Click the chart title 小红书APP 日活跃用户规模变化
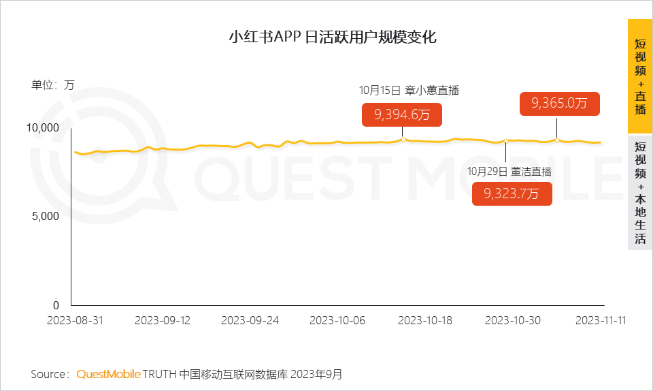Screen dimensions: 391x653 click(332, 37)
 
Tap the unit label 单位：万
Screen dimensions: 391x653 click(52, 85)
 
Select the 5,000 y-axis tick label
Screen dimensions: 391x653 click(47, 217)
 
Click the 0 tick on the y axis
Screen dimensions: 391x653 click(56, 305)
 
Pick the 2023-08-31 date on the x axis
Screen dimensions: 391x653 click(75, 321)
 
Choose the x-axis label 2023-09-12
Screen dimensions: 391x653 click(163, 321)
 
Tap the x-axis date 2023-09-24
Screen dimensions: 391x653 click(250, 321)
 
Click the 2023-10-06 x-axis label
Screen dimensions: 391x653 click(337, 321)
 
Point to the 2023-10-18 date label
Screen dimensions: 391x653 click(425, 321)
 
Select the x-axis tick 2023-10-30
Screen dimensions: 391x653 click(513, 321)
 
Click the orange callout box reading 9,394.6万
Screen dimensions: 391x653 click(402, 114)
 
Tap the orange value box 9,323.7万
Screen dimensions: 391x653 click(512, 193)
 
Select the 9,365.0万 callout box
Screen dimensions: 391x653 click(559, 104)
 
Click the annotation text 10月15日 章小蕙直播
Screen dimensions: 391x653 click(404, 90)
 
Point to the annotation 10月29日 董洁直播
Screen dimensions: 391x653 click(509, 171)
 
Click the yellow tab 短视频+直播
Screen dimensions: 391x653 click(640, 76)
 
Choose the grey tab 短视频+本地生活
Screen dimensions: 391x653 click(640, 193)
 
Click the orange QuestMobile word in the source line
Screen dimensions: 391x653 click(108, 374)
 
